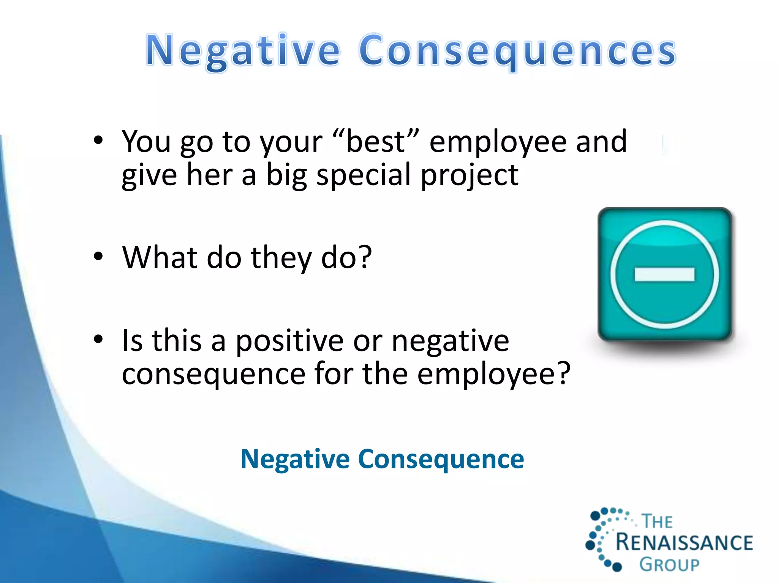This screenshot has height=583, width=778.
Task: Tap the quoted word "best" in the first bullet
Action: click(x=376, y=142)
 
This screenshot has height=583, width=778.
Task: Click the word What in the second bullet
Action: click(x=160, y=257)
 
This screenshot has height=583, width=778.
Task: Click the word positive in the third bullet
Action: click(x=289, y=341)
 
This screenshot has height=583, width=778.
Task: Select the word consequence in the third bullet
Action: click(x=213, y=374)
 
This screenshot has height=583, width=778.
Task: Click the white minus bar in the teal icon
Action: click(x=664, y=274)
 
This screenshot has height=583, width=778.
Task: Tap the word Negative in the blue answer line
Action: click(x=295, y=459)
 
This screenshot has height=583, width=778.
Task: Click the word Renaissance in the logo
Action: click(x=684, y=542)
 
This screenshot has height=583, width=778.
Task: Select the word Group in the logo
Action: click(x=669, y=565)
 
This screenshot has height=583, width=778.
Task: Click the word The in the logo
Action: click(x=657, y=522)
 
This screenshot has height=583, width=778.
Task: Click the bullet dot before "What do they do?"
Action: click(x=98, y=257)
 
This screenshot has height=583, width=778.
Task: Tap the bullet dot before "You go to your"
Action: click(x=98, y=140)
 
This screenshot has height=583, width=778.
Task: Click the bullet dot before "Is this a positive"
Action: click(x=98, y=339)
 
